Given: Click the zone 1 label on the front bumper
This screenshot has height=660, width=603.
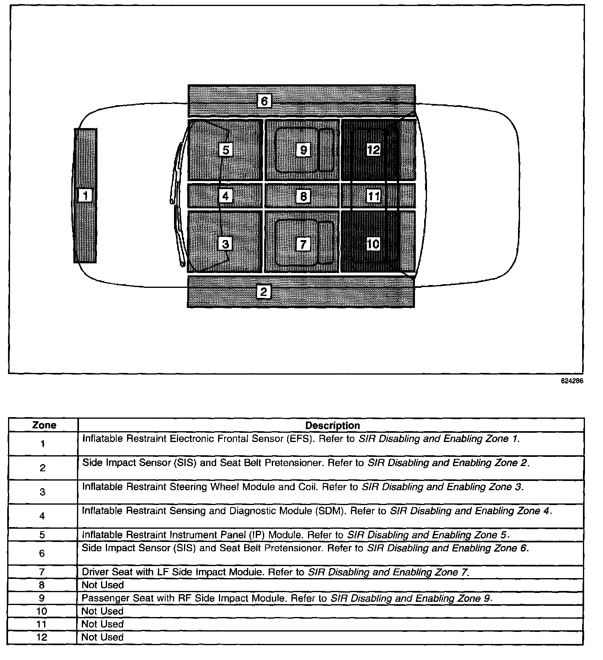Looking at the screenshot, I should click(85, 196).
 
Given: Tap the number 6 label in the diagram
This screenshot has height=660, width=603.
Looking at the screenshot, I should click(264, 101).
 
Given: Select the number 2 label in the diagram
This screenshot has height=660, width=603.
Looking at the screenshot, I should click(263, 292).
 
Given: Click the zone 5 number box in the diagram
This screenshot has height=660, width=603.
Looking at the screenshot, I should click(226, 150).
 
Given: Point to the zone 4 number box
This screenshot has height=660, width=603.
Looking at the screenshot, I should click(226, 196).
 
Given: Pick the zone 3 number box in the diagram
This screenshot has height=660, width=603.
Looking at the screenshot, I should click(225, 244).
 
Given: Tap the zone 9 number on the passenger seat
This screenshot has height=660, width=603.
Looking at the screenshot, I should click(304, 150).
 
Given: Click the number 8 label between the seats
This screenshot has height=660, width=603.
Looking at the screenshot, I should click(304, 196).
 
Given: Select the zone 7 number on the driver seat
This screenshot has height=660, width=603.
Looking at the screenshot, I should click(303, 244).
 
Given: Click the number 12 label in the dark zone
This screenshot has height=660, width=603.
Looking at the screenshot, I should click(373, 150).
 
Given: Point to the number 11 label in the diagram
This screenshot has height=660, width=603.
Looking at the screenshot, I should click(374, 196).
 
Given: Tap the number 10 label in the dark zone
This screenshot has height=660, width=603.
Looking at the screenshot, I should click(373, 244).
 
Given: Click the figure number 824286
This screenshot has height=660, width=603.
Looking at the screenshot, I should click(572, 381).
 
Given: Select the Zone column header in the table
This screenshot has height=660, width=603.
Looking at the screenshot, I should click(44, 425).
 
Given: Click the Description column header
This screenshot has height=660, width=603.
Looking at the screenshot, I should click(332, 425).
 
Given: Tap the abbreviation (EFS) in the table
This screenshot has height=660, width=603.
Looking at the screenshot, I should click(300, 438).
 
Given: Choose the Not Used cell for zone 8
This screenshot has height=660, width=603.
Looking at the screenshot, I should click(103, 585).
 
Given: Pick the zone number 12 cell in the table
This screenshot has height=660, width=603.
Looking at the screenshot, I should click(42, 637).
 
